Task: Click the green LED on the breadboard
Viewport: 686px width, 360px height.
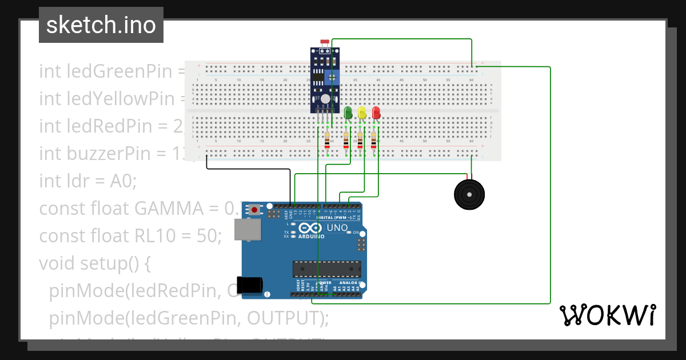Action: coord(348,112)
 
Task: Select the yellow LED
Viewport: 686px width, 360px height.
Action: coord(362,112)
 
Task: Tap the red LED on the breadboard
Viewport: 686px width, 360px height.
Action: coord(376,112)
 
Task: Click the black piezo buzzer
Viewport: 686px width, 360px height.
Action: coord(470,195)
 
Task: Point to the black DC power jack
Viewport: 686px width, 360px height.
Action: coord(251,284)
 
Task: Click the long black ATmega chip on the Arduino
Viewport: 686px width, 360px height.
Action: coord(326,268)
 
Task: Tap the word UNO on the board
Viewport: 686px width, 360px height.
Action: coord(337,227)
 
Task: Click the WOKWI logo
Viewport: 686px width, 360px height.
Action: coord(607,315)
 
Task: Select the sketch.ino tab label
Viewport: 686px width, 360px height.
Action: coord(101,25)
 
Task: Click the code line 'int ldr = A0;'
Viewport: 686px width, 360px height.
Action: coord(88,181)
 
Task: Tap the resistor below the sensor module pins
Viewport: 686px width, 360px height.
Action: coord(327,140)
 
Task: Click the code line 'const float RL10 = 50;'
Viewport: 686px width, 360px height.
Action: coord(130,236)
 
